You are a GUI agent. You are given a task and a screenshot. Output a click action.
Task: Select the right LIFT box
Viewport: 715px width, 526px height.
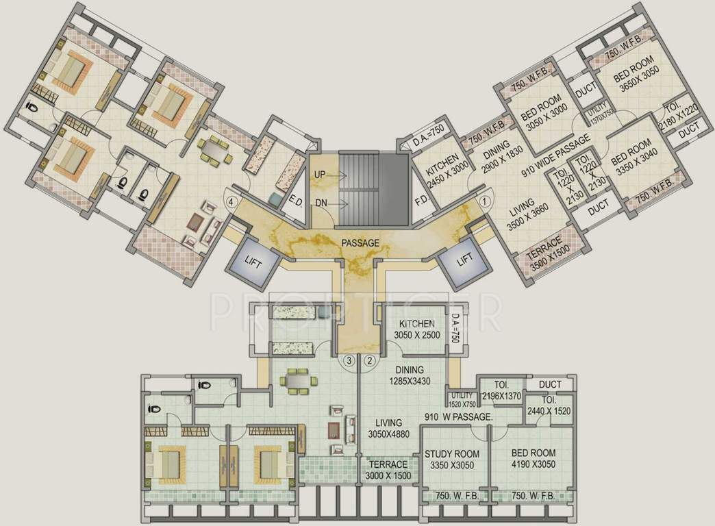tap(465, 261)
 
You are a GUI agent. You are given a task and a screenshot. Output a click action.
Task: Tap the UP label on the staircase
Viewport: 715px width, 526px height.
tap(319, 175)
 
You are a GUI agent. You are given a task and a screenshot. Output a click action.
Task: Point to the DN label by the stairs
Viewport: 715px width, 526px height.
tap(320, 203)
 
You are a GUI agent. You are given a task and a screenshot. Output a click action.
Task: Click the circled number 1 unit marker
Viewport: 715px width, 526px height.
tap(485, 202)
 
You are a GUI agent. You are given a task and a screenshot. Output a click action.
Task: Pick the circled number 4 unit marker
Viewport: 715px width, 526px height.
tap(232, 202)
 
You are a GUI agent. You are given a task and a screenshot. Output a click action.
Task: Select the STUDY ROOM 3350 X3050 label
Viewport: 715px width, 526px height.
tap(452, 460)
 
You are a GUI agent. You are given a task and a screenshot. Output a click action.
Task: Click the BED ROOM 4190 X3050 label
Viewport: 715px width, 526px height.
tap(533, 460)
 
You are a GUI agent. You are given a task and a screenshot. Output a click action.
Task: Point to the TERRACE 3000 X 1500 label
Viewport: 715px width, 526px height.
tap(388, 470)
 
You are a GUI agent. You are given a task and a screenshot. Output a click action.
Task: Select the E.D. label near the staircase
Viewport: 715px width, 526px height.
tap(297, 201)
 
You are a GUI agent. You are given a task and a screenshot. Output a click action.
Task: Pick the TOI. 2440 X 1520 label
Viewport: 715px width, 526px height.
tap(549, 405)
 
